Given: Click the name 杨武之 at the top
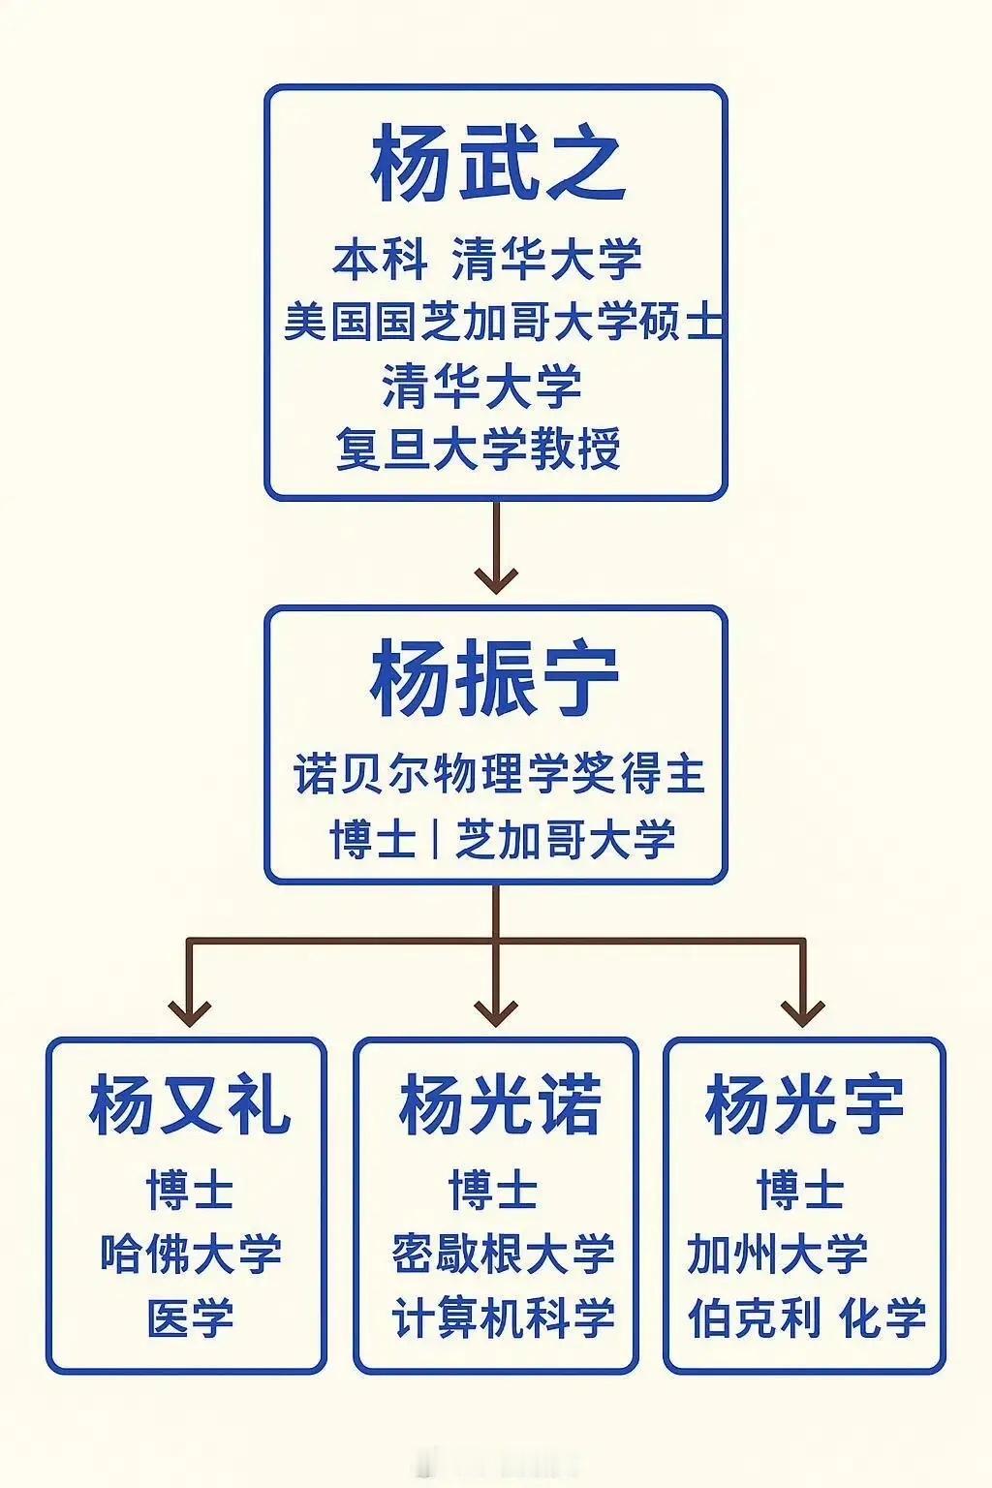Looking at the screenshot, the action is coord(498,164).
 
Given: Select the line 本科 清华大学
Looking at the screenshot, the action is coord(487,259).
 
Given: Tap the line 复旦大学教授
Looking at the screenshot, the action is coord(479,449).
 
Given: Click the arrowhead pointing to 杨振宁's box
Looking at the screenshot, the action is coord(496,580).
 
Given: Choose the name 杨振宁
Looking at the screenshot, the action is coord(495,679).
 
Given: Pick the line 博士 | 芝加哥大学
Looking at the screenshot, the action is coord(503,839).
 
